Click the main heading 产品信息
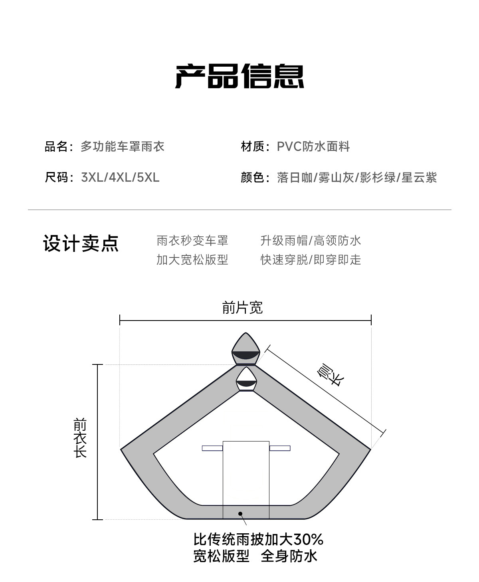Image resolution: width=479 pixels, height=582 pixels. coord(239,76)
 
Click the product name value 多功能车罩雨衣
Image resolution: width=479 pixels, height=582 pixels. coord(123,146)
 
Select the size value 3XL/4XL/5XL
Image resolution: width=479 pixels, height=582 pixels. coord(120,178)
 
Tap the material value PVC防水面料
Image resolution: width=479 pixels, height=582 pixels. coord(313,146)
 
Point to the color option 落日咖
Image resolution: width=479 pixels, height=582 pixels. coord(295,178)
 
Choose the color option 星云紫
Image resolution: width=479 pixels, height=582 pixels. coord(419,178)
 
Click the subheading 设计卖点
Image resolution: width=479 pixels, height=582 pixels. coord(81,243)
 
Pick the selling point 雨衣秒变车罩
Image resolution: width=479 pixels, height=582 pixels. coord(192,241)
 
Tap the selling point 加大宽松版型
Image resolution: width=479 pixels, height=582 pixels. coord(192,260)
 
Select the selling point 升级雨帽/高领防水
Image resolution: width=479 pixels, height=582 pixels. coord(311,241)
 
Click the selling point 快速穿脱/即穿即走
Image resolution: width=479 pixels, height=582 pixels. coord(311,260)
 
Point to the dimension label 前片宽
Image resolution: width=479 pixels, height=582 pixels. coord(243,308)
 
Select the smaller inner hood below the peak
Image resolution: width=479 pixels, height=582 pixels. coord(246,379)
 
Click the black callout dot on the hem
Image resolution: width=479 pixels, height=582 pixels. coord(240,514)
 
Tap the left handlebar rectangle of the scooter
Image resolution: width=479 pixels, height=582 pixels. coord(212,448)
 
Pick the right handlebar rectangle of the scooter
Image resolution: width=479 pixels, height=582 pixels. coord(280,448)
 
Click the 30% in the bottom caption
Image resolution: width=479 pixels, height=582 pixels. coord(308,540)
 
